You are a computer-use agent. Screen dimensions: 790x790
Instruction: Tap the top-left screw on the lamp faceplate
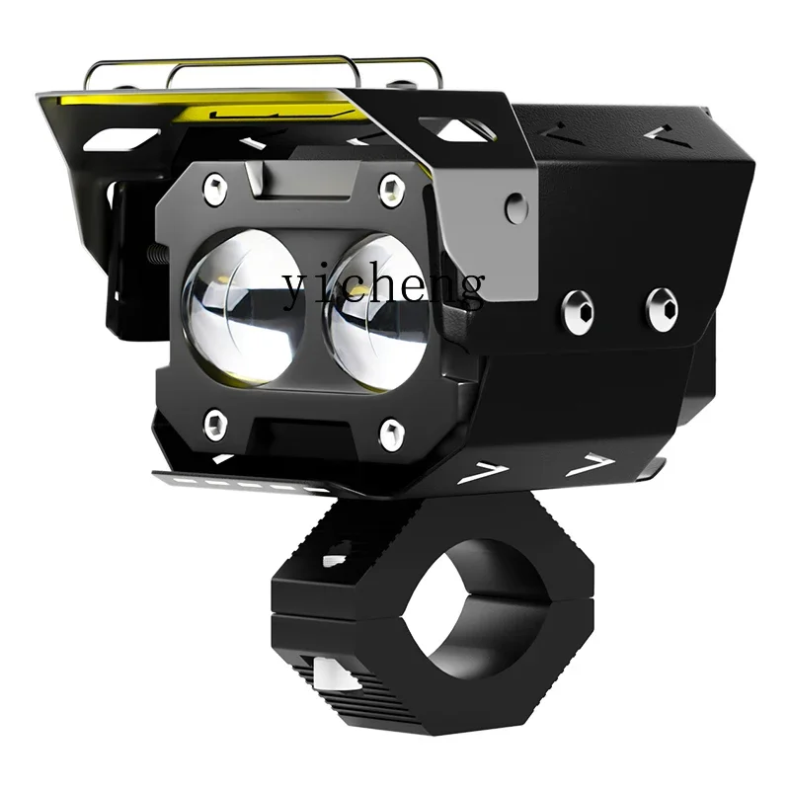click(x=213, y=184)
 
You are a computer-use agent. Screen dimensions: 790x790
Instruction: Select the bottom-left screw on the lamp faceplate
click(x=214, y=425)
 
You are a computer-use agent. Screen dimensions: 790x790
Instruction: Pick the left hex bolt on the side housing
click(x=579, y=311)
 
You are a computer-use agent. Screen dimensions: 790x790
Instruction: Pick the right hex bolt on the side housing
click(x=662, y=308)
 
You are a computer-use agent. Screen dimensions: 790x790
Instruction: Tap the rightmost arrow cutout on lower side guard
click(x=594, y=461)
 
